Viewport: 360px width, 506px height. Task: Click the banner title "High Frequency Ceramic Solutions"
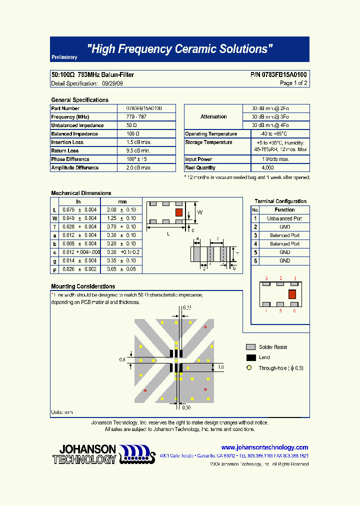pos(180,49)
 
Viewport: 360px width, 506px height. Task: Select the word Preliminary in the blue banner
pos(64,57)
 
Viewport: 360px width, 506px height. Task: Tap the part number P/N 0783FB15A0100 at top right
pos(279,75)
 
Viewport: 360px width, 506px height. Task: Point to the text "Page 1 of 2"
pos(293,83)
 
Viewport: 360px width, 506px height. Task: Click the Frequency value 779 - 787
pos(136,116)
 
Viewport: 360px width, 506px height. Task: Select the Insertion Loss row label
pos(67,142)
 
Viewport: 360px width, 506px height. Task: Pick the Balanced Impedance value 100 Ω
pos(132,133)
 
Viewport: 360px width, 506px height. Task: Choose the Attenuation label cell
pos(213,116)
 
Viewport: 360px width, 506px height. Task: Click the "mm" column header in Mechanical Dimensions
pos(122,201)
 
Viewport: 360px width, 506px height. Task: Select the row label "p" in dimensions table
pos(54,269)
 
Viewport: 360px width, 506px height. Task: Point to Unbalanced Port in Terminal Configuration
pos(284,218)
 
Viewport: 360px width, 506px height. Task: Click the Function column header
pos(284,210)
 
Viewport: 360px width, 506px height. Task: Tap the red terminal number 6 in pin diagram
pos(294,311)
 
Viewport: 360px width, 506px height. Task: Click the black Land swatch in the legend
pos(251,357)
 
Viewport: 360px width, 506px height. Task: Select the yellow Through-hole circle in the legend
pos(249,368)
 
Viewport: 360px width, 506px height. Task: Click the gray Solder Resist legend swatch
pos(251,347)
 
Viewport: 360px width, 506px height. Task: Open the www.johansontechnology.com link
pos(264,447)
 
